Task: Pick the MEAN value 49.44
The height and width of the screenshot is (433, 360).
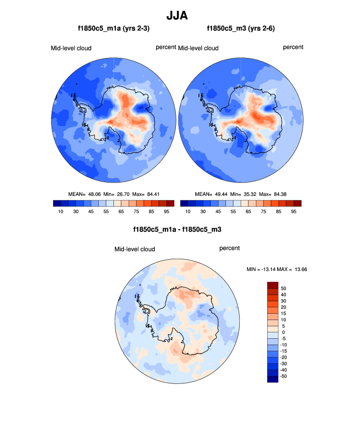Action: [222, 194]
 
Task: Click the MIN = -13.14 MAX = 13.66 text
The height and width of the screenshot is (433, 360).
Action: [277, 270]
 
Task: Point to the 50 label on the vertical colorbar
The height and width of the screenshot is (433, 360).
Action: [283, 289]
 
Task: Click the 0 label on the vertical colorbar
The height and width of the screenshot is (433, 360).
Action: [283, 332]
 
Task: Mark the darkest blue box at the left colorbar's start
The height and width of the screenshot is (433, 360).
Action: [57, 203]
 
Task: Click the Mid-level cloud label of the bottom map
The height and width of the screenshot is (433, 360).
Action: [135, 249]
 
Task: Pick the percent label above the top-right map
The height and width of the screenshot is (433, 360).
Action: [293, 47]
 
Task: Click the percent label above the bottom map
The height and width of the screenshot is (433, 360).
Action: [229, 248]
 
